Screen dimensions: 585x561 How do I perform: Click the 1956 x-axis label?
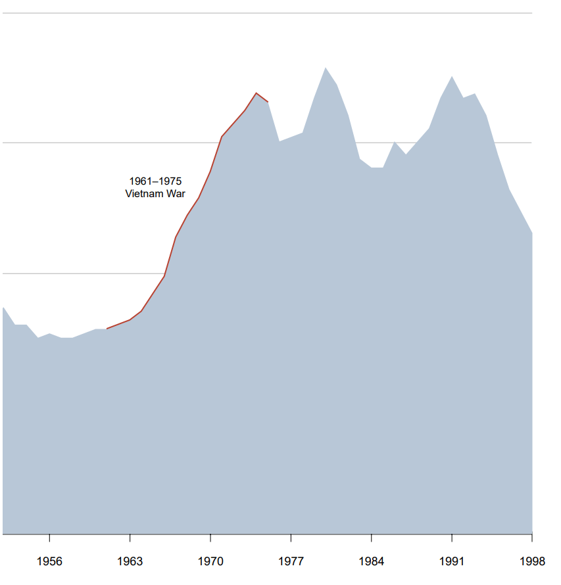(49, 561)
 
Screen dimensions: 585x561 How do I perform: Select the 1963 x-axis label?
(130, 561)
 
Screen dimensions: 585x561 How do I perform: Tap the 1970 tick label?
(210, 561)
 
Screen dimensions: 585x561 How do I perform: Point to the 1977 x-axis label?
(291, 561)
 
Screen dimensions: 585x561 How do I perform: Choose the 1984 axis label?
(372, 561)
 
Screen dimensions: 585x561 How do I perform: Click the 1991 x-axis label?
(452, 561)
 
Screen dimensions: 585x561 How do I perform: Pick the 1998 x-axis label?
(532, 561)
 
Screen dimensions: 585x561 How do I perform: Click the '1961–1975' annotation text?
(155, 181)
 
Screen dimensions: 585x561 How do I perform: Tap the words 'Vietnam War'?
(155, 194)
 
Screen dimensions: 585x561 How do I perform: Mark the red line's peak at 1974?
(256, 93)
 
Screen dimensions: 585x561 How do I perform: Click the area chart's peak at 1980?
(325, 67)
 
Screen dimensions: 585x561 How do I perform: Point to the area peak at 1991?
(452, 76)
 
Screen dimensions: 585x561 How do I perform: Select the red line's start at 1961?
(107, 329)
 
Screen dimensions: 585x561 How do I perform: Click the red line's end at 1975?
(268, 102)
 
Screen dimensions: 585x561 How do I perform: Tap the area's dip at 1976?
(280, 141)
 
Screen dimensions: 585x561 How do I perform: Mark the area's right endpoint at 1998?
(531, 233)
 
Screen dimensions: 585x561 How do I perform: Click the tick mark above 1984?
(372, 538)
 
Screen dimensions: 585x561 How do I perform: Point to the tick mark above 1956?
(49, 538)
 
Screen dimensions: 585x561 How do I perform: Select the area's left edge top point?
(4, 308)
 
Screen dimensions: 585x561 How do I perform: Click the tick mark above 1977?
(291, 538)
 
